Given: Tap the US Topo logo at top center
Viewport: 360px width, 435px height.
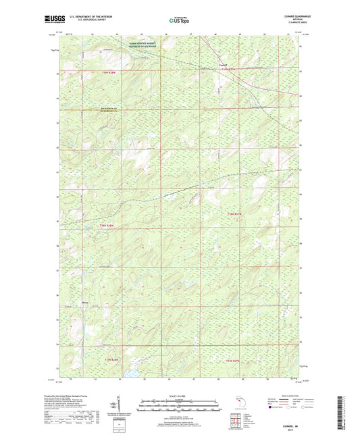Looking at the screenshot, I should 179,21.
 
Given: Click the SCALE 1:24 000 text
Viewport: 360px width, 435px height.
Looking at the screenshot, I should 179,395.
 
